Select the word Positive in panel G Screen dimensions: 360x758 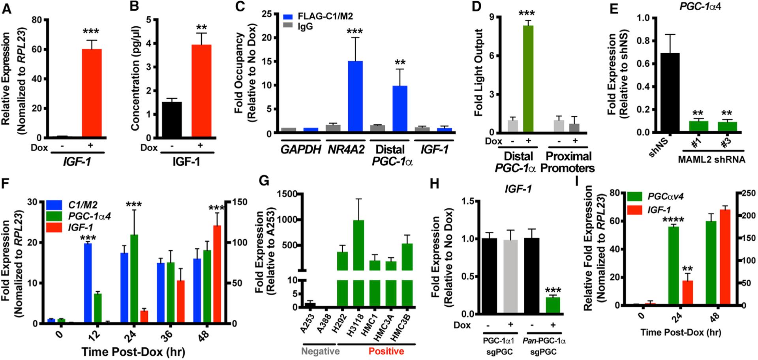pos(386,351)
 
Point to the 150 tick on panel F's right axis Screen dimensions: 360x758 pos(239,202)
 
